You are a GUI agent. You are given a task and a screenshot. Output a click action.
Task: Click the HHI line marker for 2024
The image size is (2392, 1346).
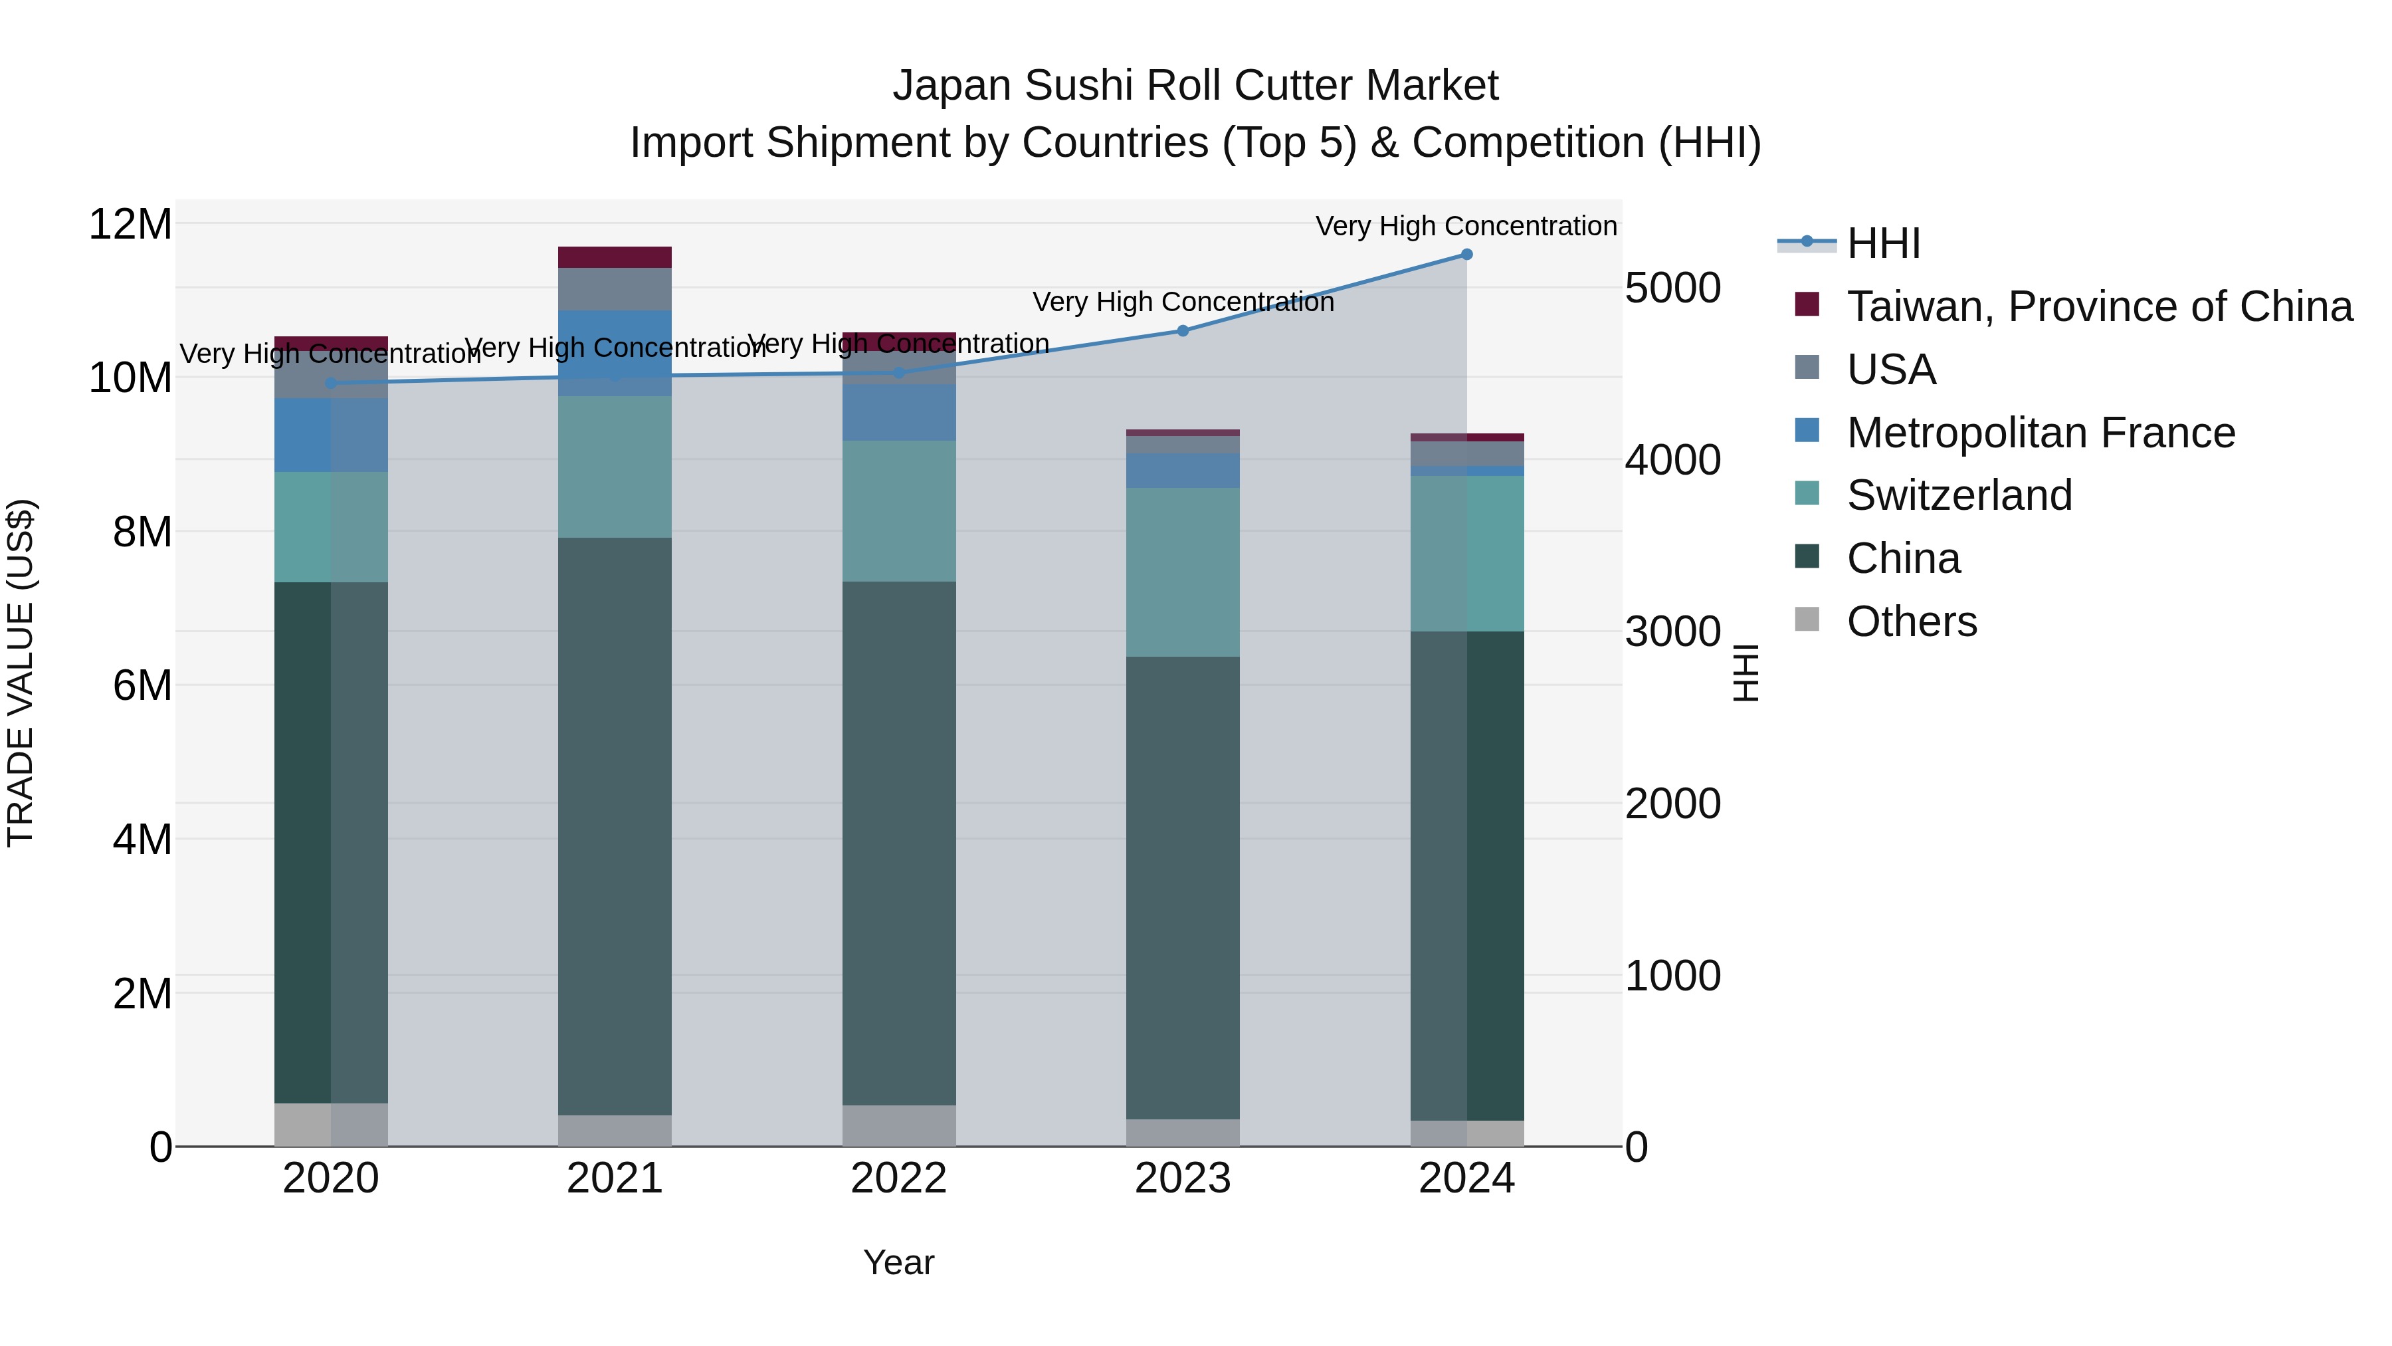click(x=1466, y=255)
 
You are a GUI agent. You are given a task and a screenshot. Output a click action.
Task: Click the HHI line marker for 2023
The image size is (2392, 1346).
click(x=1182, y=331)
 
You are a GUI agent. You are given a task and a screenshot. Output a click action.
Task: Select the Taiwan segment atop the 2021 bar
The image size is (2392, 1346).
click(x=615, y=257)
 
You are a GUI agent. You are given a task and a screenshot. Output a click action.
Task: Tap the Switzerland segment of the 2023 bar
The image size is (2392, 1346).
click(x=1182, y=572)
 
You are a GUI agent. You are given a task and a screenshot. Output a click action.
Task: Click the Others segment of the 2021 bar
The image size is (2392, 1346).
click(x=615, y=1131)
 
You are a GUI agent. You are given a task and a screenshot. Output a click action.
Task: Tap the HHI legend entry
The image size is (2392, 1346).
click(x=1882, y=243)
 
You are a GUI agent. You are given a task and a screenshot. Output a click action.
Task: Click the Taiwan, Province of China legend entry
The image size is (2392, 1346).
click(x=2098, y=306)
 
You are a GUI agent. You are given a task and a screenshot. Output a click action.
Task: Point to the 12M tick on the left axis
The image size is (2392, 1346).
click(x=130, y=224)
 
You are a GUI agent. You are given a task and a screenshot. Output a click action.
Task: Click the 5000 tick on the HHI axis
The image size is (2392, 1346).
click(x=1672, y=288)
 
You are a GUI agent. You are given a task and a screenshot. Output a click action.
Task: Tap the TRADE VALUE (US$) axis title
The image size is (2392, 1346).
click(x=21, y=673)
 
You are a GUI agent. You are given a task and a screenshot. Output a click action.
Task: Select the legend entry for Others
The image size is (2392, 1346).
click(x=1911, y=621)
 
